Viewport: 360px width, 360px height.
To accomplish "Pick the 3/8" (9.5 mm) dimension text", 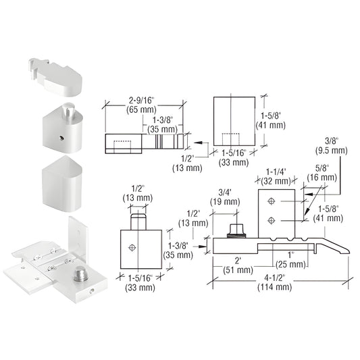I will point(330,146).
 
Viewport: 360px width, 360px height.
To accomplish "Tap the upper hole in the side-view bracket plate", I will point(270,201).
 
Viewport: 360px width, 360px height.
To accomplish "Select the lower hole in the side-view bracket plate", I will point(270,219).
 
